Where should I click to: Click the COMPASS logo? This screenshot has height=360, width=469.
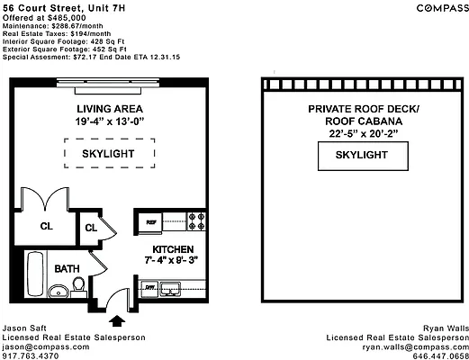tap(443, 8)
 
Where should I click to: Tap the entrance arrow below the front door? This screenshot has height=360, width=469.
tap(117, 320)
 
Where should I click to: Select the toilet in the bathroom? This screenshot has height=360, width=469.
tap(78, 286)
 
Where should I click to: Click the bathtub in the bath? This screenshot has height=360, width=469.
tap(35, 274)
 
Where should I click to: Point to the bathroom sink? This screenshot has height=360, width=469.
tap(59, 291)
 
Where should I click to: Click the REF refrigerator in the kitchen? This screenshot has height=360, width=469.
tap(150, 222)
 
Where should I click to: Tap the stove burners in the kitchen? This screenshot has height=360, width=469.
tap(196, 221)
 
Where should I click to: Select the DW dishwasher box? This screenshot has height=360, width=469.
tap(149, 288)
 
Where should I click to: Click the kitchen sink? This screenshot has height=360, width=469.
tap(170, 289)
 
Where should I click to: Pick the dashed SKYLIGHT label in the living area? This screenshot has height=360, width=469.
tap(108, 154)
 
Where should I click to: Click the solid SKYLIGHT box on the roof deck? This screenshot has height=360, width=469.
tap(363, 156)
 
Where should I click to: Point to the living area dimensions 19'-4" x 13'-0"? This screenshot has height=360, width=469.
tap(110, 121)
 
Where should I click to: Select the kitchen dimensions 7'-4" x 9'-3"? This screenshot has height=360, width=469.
tap(171, 260)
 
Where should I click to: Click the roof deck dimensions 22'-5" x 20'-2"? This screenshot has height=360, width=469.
tap(364, 133)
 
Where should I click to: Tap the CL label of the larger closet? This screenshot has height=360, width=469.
tap(47, 226)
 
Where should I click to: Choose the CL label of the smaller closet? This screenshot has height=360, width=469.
tap(91, 228)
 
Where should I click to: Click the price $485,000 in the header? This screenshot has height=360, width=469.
tap(67, 18)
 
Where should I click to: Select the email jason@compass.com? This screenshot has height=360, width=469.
tap(46, 347)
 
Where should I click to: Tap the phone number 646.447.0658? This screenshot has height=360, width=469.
tap(440, 356)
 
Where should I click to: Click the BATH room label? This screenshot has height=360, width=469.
tap(67, 268)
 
